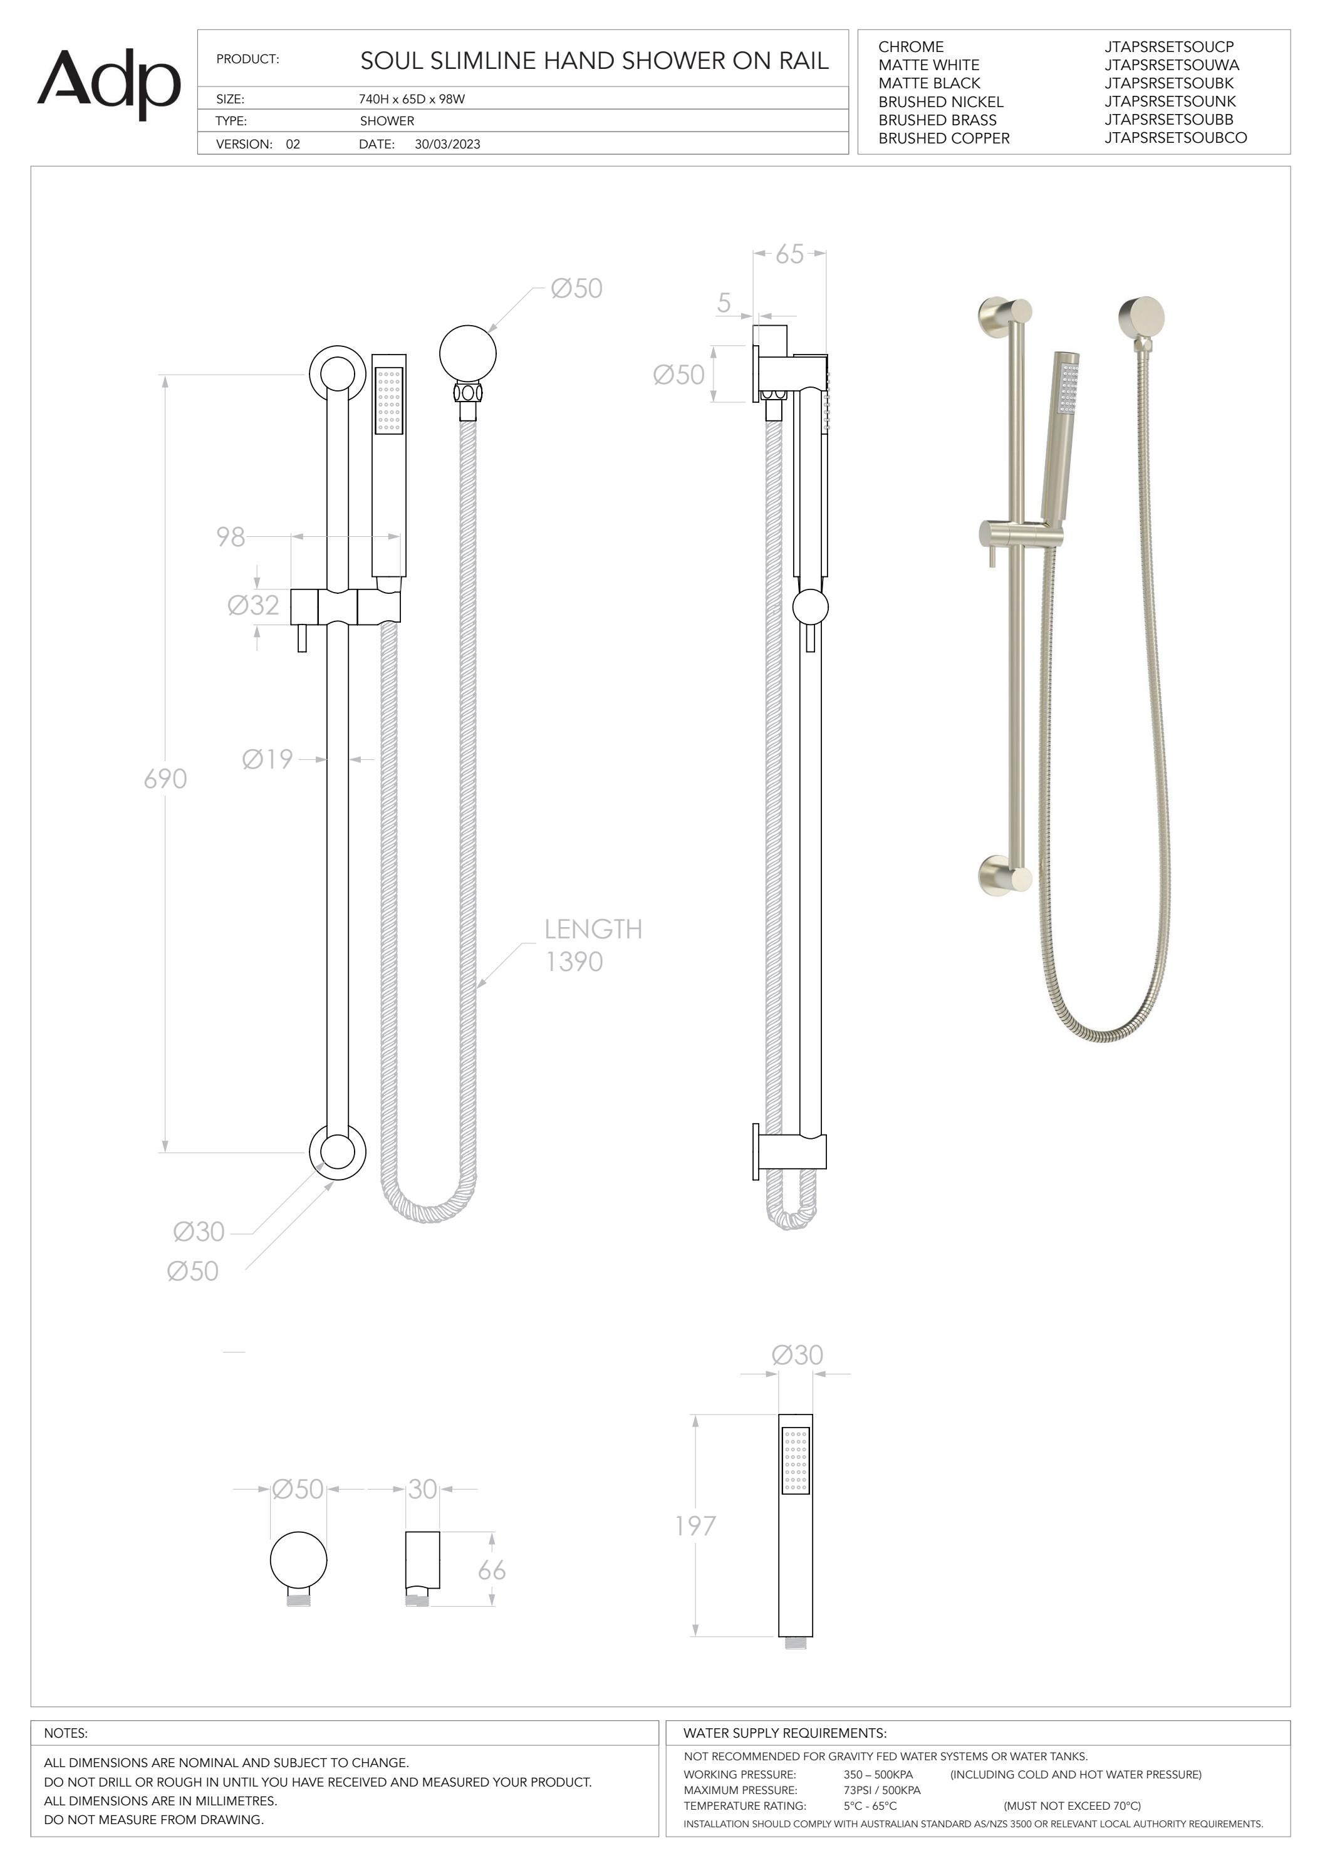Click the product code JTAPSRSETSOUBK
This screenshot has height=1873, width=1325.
tap(1169, 83)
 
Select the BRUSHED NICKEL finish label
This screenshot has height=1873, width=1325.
tap(941, 102)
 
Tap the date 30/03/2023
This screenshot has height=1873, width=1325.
tap(447, 145)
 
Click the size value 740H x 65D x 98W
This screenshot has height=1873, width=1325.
tap(412, 100)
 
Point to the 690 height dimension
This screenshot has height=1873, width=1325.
tap(165, 779)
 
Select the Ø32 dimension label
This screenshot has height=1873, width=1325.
tap(253, 605)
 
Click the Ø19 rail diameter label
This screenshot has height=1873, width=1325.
tap(268, 759)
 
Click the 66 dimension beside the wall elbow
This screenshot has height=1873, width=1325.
tap(491, 1570)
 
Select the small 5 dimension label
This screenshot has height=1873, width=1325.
tap(724, 303)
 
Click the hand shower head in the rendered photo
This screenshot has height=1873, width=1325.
tap(1066, 383)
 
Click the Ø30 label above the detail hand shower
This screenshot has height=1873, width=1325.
tap(797, 1355)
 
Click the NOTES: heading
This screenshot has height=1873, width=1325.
tap(66, 1733)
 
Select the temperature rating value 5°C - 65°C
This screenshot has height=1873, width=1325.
tap(870, 1806)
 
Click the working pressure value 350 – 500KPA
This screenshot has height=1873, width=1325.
tap(878, 1774)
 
